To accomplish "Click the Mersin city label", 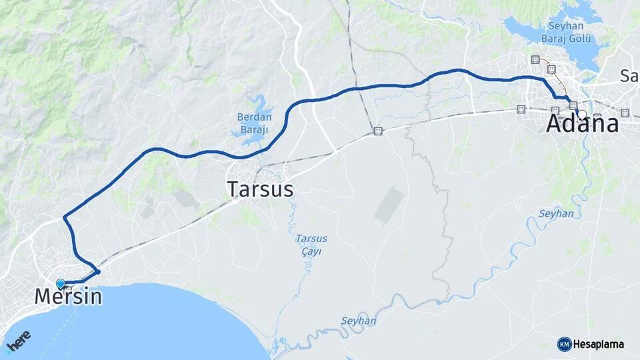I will pyautogui.click(x=69, y=296).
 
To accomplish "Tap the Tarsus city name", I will pyautogui.click(x=260, y=189).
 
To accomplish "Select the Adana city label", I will pyautogui.click(x=582, y=125).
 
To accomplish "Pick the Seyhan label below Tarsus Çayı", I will pyautogui.click(x=359, y=321).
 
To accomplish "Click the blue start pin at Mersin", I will pyautogui.click(x=61, y=283).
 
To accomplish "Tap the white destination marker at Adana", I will pyautogui.click(x=582, y=114).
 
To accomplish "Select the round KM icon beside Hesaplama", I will pyautogui.click(x=564, y=344).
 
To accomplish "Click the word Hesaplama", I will pyautogui.click(x=599, y=344).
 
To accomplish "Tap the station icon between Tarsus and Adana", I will pyautogui.click(x=378, y=131).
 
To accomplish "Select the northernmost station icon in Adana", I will pyautogui.click(x=535, y=60).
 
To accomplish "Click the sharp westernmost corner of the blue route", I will pyautogui.click(x=64, y=217).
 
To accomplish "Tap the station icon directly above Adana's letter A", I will pyautogui.click(x=555, y=109).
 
